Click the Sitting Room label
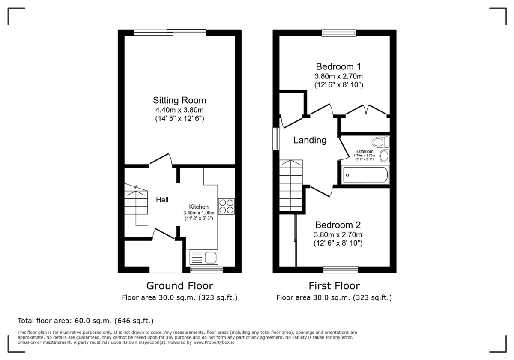[x=179, y=100]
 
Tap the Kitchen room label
[x=199, y=207]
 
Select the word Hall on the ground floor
[x=162, y=200]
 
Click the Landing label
[x=310, y=140]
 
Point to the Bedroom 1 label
[x=338, y=66]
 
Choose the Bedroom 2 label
[x=338, y=225]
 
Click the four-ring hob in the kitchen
[x=227, y=206]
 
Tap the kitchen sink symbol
[x=203, y=257]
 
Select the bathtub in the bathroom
[x=365, y=175]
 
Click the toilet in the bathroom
[x=380, y=142]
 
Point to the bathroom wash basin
[x=384, y=156]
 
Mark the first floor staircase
[x=291, y=186]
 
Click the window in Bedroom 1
[x=339, y=33]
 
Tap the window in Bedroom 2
[x=341, y=269]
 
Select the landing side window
[x=276, y=138]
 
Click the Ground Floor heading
[x=179, y=286]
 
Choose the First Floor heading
[x=334, y=286]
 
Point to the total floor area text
[x=85, y=321]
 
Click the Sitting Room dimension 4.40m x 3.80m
[x=179, y=110]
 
